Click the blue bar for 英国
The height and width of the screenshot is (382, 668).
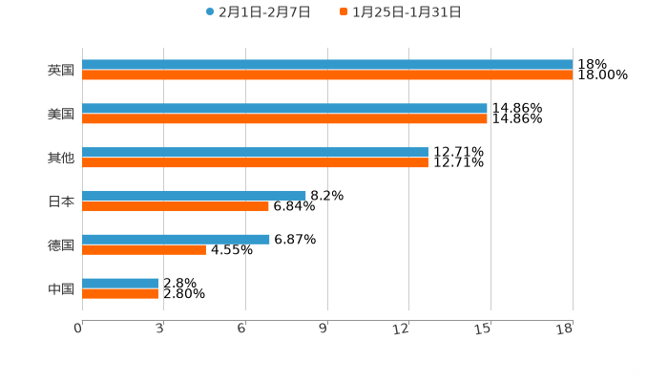pos(327,65)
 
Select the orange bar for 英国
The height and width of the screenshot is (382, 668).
pos(327,75)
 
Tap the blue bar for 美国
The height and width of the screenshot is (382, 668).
pos(284,109)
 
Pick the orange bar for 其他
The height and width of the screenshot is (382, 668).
pos(255,163)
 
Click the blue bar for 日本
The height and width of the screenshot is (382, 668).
pos(194,195)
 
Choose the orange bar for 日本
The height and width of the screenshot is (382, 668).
pos(176,206)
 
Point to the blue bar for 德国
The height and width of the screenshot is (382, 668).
pos(176,239)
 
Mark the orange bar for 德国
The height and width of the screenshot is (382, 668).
pos(144,250)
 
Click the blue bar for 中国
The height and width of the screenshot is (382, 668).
pos(120,283)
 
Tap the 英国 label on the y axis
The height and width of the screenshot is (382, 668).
pos(61,71)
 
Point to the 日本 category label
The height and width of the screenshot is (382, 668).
pos(61,202)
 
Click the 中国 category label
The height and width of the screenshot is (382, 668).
pos(61,288)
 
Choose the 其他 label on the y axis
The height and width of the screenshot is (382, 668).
pos(61,158)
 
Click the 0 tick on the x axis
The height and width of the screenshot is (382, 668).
pos(78,329)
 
